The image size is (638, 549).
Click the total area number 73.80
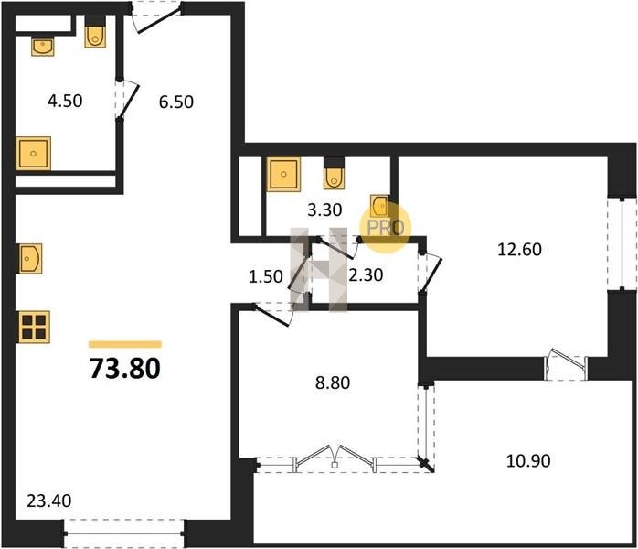point(125,368)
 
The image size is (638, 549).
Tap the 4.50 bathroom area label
point(65,101)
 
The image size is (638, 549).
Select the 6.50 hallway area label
point(176,102)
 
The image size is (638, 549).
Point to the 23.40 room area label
point(49,501)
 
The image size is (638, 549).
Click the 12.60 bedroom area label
point(519,249)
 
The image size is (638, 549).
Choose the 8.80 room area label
point(333,382)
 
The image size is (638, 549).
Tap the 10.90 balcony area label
point(528,460)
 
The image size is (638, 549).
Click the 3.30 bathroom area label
point(324,210)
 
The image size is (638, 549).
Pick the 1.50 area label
point(266,276)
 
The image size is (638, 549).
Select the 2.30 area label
point(366,274)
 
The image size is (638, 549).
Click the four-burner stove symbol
point(34,327)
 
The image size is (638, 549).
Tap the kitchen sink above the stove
point(30,259)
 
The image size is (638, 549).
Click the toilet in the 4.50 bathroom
point(95,33)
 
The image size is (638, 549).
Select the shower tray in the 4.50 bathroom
point(34,154)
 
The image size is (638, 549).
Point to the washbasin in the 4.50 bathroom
point(43,47)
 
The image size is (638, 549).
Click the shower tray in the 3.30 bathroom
point(283,175)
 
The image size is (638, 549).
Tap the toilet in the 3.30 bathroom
point(334,174)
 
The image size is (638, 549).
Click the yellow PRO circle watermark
point(386,227)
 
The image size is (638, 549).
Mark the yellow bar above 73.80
point(125,345)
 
